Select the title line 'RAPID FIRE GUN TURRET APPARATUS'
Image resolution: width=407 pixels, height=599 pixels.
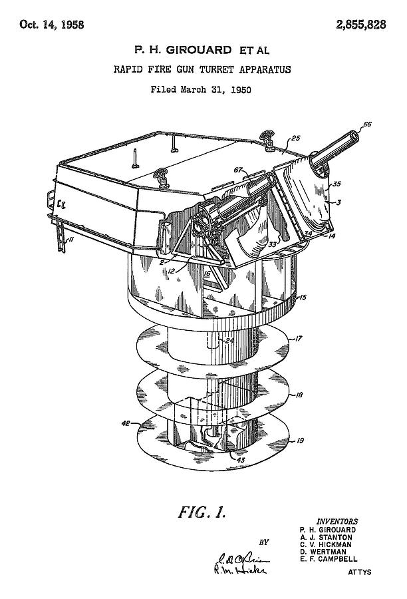(202, 69)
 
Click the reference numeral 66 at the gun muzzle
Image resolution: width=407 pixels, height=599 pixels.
(368, 124)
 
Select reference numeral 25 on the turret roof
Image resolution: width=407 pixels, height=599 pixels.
(295, 138)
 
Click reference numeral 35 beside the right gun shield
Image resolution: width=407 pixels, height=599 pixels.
(337, 184)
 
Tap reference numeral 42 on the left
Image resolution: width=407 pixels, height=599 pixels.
(124, 422)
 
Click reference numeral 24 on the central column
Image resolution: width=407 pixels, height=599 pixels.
(229, 341)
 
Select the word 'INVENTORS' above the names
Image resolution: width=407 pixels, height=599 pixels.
(337, 521)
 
